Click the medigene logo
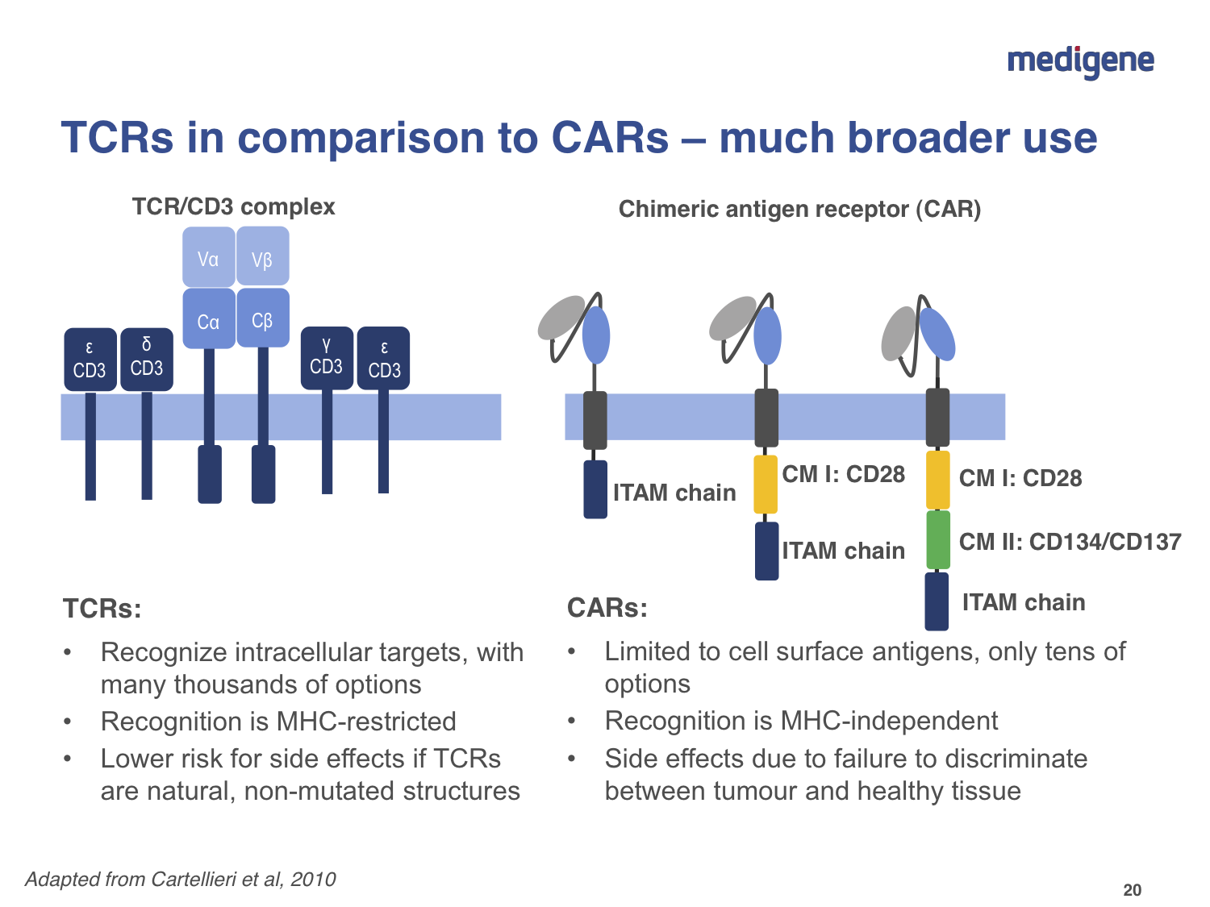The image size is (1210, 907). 1080,61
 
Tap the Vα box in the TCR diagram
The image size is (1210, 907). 208,257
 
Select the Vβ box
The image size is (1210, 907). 262,257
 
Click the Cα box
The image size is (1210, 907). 208,319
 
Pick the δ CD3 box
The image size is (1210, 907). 147,359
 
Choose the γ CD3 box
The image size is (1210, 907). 327,358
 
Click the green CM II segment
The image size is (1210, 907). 937,540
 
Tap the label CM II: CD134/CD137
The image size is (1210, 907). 1070,542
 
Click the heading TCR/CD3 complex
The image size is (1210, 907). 233,207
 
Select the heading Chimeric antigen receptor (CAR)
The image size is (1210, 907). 799,210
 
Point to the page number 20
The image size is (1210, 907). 1133,890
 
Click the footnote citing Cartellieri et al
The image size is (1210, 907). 181,879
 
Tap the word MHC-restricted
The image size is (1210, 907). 366,721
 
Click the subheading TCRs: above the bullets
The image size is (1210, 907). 102,608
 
